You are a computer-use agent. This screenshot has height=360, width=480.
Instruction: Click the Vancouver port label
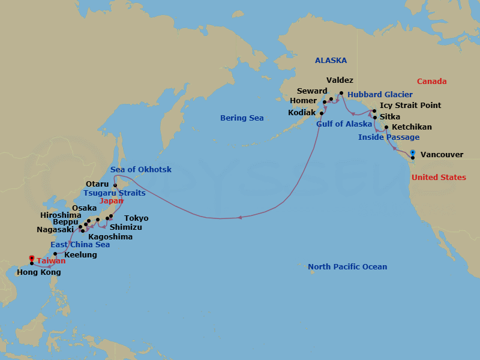(442, 155)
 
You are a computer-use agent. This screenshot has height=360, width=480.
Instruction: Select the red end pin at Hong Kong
(32, 259)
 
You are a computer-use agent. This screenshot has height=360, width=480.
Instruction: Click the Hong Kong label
(38, 272)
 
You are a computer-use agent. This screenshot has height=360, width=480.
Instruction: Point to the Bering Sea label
(242, 118)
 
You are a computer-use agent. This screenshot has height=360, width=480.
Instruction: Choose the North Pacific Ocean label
(347, 267)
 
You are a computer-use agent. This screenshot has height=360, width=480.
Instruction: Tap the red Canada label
(431, 82)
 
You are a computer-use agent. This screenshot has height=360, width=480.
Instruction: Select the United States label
(438, 178)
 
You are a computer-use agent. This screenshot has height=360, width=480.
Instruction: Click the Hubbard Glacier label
(380, 95)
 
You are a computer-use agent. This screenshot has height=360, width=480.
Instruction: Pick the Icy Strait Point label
(410, 106)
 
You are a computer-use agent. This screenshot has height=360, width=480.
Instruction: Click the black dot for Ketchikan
(386, 127)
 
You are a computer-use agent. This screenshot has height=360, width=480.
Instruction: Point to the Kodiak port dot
(322, 113)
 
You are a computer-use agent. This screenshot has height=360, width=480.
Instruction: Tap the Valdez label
(340, 80)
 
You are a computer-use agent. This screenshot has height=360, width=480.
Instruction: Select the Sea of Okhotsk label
(141, 170)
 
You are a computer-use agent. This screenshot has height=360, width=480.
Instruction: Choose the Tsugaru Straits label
(115, 193)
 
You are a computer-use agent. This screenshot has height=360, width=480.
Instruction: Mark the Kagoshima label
(110, 237)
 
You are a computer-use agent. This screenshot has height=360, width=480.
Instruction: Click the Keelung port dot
(55, 254)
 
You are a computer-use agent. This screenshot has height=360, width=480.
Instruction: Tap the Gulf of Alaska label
(344, 124)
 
